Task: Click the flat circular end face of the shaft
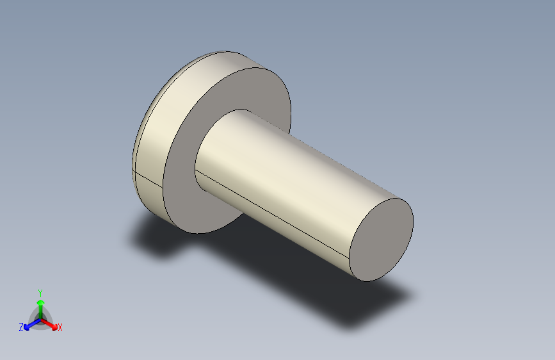pos(382,239)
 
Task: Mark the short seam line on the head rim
pos(149,179)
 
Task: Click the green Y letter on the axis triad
pos(40,291)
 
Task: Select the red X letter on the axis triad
pos(60,328)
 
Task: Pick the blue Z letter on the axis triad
pos(21,327)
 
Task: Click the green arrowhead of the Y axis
pos(40,302)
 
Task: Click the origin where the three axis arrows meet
pos(40,318)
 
